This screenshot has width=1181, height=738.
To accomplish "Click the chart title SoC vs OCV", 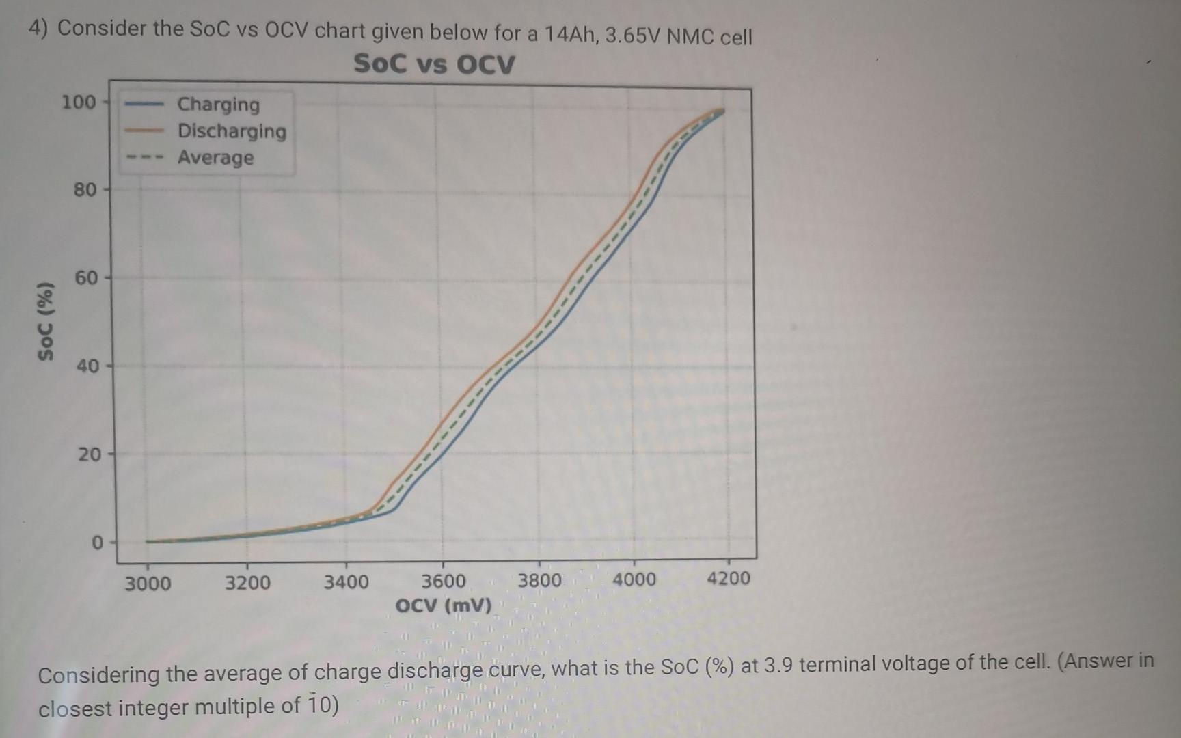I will click(x=434, y=64).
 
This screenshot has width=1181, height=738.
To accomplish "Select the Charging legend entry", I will click(x=218, y=105).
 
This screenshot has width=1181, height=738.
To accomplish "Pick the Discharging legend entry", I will click(x=232, y=131).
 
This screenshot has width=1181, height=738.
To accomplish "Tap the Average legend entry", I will click(x=215, y=158).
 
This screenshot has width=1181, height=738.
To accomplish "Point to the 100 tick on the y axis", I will click(x=79, y=102).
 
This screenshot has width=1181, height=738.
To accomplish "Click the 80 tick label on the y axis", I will click(x=85, y=190).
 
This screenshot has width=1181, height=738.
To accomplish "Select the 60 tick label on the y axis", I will click(x=86, y=278).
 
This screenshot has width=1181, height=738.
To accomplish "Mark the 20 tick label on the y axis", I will click(x=88, y=454).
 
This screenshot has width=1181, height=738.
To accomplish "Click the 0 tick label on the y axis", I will click(x=97, y=543).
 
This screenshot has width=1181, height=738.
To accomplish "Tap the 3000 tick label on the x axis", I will click(x=148, y=584).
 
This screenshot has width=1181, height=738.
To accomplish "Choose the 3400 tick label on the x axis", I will click(x=346, y=583).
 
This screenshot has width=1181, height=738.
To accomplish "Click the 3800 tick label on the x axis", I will click(x=539, y=581).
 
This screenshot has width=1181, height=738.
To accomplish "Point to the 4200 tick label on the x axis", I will click(x=728, y=579).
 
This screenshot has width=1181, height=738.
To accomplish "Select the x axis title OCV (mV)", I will click(x=444, y=606).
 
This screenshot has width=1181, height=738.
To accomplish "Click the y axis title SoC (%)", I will click(x=46, y=320).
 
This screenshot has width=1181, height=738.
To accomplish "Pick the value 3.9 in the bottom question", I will click(x=778, y=665).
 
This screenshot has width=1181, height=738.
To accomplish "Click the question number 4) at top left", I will click(x=38, y=28).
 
